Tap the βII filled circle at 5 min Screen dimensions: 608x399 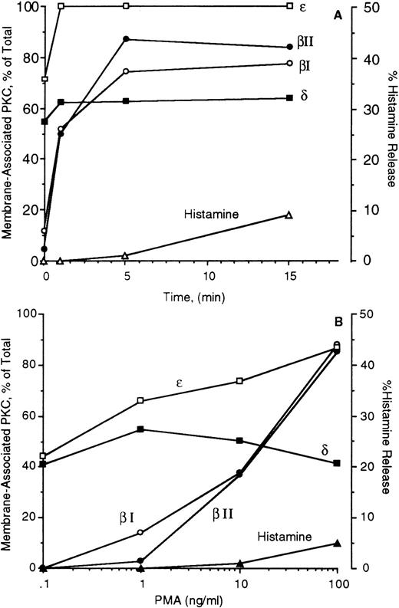tap(125, 39)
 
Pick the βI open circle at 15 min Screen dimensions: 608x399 tap(289, 63)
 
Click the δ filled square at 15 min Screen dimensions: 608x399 tap(289, 97)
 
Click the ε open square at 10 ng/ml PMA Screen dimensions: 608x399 tap(240, 381)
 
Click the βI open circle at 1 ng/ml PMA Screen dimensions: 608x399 tap(140, 532)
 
